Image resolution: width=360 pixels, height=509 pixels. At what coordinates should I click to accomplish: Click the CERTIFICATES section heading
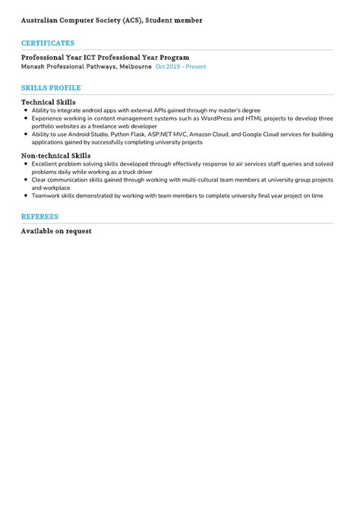pyautogui.click(x=48, y=43)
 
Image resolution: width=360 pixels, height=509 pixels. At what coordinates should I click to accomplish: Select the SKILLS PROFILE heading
pyautogui.click(x=51, y=88)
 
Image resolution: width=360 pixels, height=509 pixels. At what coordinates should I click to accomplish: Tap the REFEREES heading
pyautogui.click(x=40, y=217)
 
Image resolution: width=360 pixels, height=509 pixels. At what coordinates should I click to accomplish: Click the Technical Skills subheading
pyautogui.click(x=48, y=102)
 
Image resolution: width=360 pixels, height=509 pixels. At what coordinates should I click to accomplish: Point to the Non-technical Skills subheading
pyautogui.click(x=55, y=156)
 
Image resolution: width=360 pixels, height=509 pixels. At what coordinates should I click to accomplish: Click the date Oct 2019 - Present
pyautogui.click(x=181, y=67)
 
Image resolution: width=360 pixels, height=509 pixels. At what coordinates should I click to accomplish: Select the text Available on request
pyautogui.click(x=56, y=230)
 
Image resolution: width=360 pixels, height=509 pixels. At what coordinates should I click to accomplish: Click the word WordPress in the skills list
pyautogui.click(x=216, y=119)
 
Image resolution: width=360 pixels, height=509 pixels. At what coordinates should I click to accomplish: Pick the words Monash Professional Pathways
pyautogui.click(x=68, y=67)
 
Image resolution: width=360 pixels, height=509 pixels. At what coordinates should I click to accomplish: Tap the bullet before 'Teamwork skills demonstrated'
pyautogui.click(x=26, y=195)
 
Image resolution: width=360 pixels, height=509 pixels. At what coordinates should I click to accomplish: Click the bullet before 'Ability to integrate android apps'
pyautogui.click(x=26, y=110)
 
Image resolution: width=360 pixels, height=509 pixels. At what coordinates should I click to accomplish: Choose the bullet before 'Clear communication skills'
pyautogui.click(x=26, y=180)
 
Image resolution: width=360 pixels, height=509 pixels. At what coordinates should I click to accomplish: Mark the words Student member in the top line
pyautogui.click(x=175, y=21)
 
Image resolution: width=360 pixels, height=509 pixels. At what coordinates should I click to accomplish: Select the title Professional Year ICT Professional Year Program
pyautogui.click(x=105, y=58)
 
